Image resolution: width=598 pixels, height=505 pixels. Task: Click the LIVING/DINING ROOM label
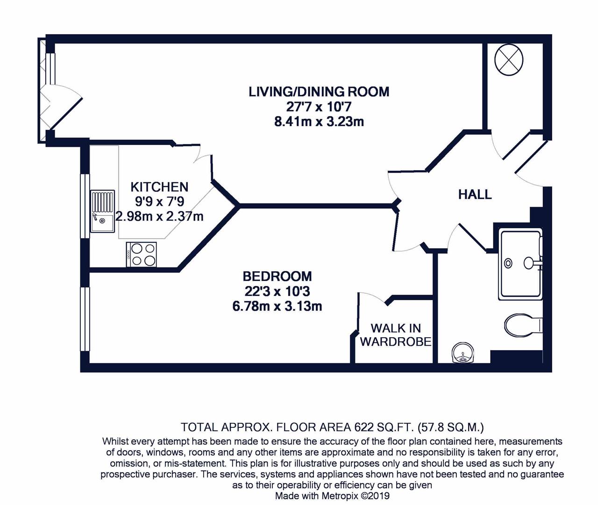click(319, 91)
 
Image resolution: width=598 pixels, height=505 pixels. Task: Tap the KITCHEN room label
click(159, 187)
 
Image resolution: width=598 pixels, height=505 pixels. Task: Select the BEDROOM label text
click(277, 276)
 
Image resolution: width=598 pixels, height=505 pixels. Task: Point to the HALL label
click(475, 195)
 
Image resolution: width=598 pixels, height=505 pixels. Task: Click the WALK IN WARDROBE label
click(395, 335)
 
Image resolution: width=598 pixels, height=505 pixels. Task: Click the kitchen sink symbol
click(102, 211)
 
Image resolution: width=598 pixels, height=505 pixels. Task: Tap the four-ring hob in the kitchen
click(142, 255)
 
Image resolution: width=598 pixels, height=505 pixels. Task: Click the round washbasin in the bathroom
click(462, 354)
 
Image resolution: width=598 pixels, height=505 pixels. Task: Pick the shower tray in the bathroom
click(520, 264)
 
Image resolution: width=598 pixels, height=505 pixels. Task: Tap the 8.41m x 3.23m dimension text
click(319, 122)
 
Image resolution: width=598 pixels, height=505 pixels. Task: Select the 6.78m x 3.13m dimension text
click(277, 307)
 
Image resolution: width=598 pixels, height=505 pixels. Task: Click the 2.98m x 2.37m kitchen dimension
click(159, 216)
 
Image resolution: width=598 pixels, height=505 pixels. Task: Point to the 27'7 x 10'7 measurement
click(319, 107)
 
